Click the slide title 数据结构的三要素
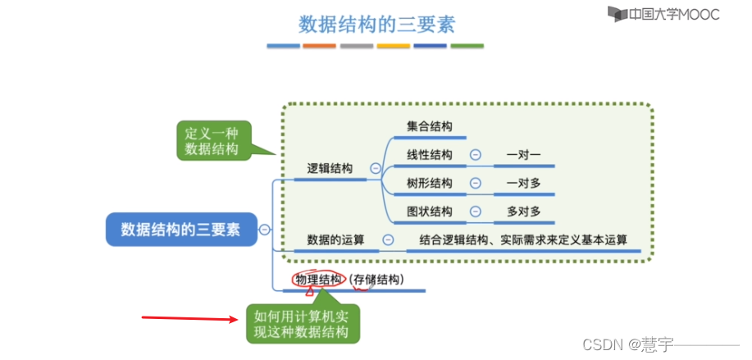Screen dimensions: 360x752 tap(376, 22)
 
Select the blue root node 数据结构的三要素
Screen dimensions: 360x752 tap(180, 230)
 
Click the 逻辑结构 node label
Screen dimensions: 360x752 tap(330, 168)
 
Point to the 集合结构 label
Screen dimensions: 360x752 tap(429, 126)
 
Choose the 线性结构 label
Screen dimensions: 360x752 tap(429, 155)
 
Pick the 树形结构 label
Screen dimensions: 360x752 tap(429, 183)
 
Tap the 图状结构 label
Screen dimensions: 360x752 tap(429, 212)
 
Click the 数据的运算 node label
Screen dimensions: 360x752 tap(335, 239)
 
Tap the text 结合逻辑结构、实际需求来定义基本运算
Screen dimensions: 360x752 tap(523, 239)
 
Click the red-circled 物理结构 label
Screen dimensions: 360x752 tap(319, 280)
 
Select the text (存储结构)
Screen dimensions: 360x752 tap(377, 280)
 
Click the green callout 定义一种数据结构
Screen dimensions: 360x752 tap(212, 140)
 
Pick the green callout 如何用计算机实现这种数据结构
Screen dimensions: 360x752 tap(301, 324)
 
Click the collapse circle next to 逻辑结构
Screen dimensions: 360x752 tap(376, 168)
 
